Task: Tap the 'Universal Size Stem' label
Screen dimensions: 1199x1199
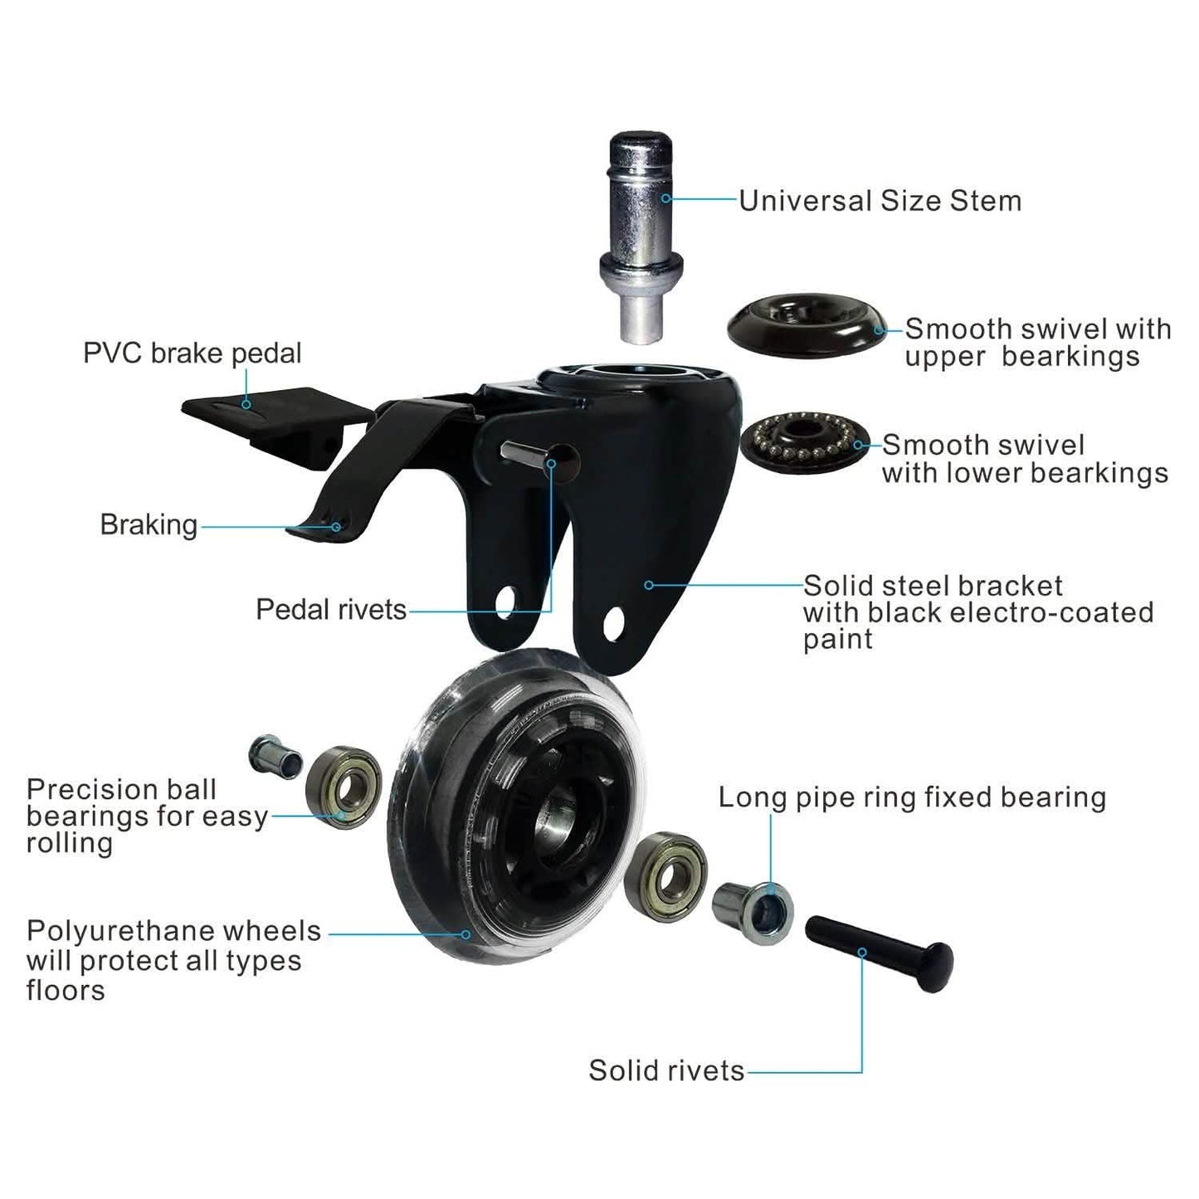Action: [x=880, y=201]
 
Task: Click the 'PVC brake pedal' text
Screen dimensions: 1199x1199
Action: [x=192, y=353]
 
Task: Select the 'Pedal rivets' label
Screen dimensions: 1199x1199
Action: [x=330, y=610]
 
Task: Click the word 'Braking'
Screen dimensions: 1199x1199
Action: [x=149, y=525]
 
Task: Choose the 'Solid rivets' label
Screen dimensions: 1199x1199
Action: [x=666, y=1070]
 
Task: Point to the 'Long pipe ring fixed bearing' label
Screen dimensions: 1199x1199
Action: [x=911, y=797]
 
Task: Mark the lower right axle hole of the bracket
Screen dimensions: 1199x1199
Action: [x=614, y=624]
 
